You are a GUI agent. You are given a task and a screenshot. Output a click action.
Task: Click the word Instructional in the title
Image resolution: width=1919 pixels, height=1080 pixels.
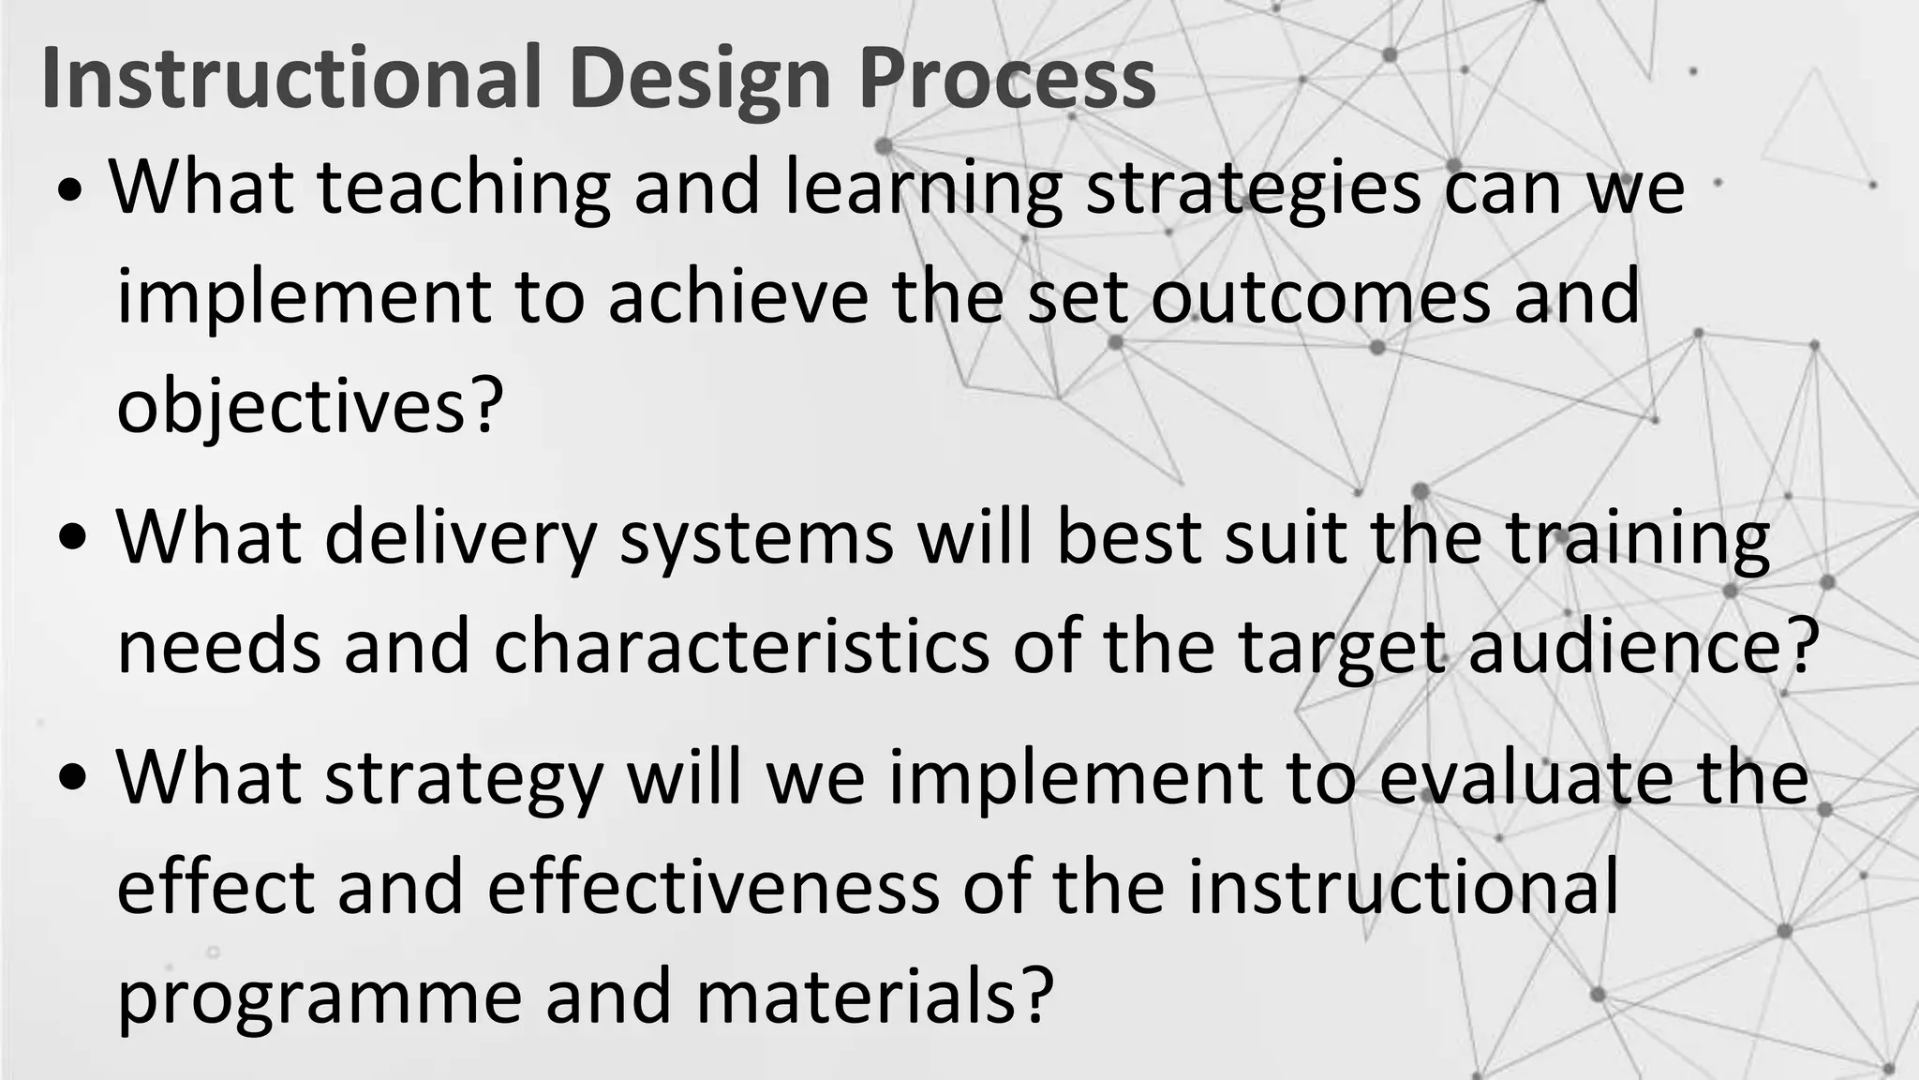(x=291, y=79)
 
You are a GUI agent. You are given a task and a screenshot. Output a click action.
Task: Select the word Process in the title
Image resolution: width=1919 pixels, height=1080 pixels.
(x=1007, y=79)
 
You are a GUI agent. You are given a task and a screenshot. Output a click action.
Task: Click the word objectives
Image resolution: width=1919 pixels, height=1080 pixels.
(x=290, y=407)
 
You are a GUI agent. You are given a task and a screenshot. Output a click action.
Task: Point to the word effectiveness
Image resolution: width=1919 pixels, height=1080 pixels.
(x=713, y=888)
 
